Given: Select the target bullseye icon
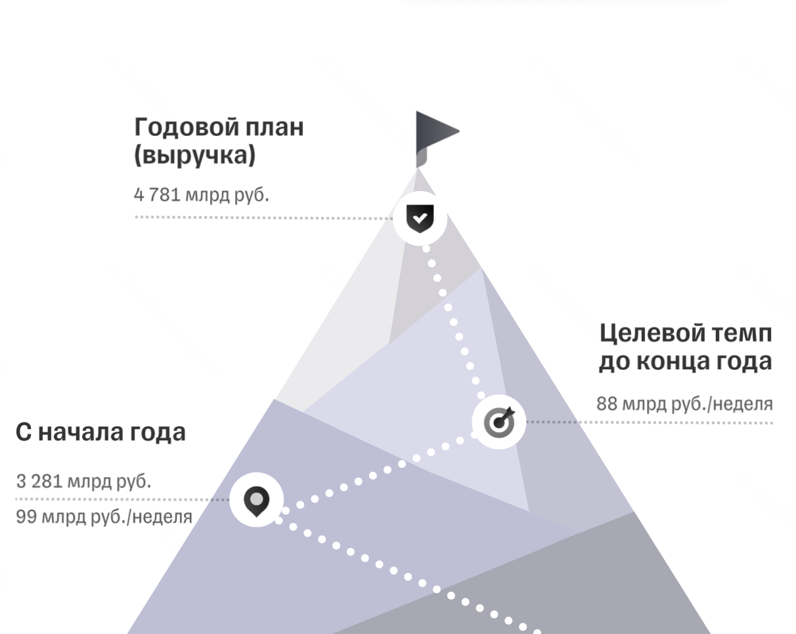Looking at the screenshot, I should tap(499, 422).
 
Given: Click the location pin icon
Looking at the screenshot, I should tap(256, 501).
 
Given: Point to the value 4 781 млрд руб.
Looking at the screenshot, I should tap(201, 195).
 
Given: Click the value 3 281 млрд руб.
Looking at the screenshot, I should tap(83, 481).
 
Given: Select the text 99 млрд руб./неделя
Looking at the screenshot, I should tap(104, 517).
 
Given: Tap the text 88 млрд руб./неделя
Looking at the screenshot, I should tap(684, 403).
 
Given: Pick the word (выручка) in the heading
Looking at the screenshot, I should tap(194, 156).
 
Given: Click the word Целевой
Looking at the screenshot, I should tap(653, 333).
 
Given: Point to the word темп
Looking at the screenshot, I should tap(743, 333).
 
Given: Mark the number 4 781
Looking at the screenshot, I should tap(157, 195).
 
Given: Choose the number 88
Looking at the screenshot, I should tap(607, 403).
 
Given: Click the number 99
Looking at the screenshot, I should tap(26, 517).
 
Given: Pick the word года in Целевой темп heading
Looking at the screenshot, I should tap(745, 362).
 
